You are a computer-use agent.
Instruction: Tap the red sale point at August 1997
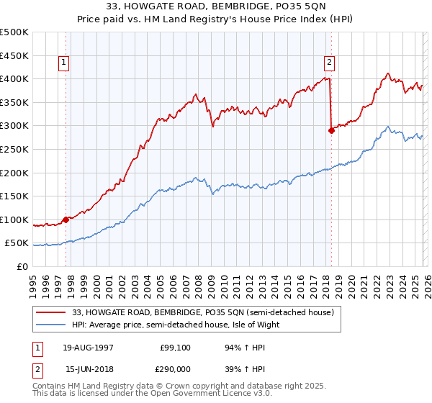[66, 219]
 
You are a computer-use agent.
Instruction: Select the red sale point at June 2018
[331, 130]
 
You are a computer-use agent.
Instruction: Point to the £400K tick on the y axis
[15, 78]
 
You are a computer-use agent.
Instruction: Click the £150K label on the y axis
[15, 196]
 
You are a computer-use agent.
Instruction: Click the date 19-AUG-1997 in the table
[89, 348]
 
